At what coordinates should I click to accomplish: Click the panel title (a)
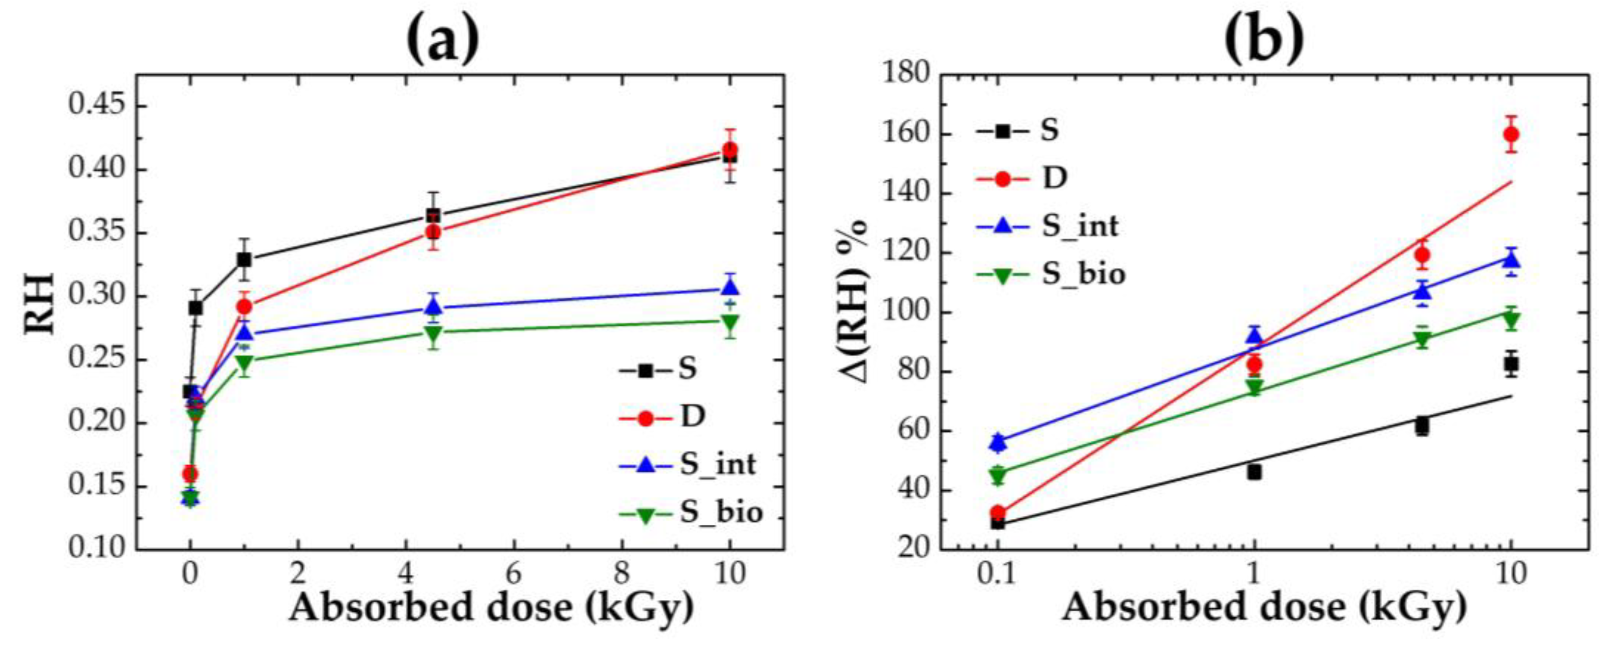point(443,39)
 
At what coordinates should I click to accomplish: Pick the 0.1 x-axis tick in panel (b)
point(997,573)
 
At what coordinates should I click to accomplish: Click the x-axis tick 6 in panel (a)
point(513,573)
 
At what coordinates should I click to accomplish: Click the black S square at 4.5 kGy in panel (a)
point(433,216)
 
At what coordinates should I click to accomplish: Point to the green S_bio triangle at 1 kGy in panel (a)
point(244,363)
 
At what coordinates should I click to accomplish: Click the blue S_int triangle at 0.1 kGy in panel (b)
point(998,442)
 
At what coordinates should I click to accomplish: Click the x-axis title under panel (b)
point(1264,607)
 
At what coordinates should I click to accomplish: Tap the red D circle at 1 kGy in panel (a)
point(244,307)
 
